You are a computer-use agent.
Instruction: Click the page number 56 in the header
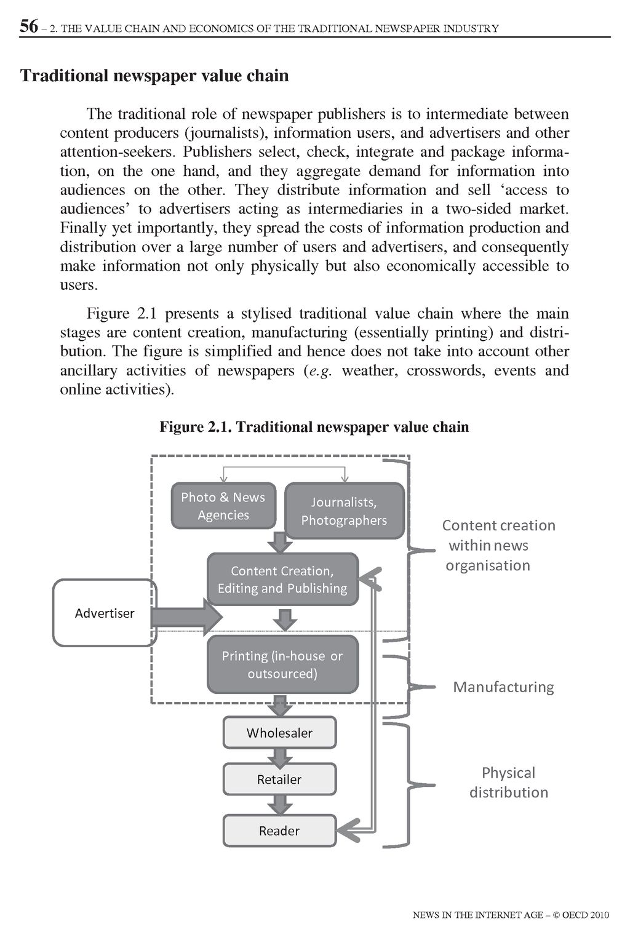click(28, 26)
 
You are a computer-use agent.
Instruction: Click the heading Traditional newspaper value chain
click(154, 76)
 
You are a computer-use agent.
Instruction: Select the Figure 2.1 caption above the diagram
click(314, 427)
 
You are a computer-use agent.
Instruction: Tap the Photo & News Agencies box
click(223, 506)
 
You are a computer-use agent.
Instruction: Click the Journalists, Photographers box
click(344, 511)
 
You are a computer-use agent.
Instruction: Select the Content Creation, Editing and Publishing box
click(282, 580)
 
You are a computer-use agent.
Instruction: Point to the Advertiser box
click(105, 613)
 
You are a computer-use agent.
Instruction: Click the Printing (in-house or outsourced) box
click(282, 664)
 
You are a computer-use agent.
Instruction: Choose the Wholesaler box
click(279, 733)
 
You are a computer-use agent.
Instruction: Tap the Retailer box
click(279, 780)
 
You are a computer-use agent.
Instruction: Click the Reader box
click(279, 831)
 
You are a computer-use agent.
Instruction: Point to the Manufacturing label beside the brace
click(503, 687)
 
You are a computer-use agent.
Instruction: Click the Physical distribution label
click(508, 782)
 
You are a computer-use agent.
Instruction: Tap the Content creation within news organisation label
click(498, 545)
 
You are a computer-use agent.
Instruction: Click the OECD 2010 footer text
click(511, 915)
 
